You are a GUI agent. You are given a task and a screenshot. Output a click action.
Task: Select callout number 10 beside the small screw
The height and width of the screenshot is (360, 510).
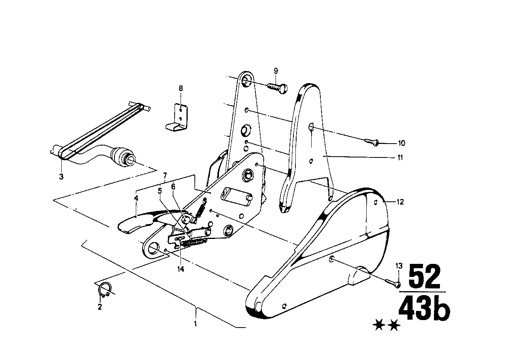pos(402,143)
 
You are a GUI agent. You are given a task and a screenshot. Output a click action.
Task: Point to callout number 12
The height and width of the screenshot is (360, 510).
pos(400,202)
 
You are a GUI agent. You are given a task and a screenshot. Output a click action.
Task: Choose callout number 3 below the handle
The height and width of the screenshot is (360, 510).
pos(61,176)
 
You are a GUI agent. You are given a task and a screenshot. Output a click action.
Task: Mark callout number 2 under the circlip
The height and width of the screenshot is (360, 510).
pos(99,307)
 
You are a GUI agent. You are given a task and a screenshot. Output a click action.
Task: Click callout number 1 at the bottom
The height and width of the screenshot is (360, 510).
pos(195,323)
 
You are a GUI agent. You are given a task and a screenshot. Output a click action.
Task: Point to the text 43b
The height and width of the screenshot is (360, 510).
pos(424,309)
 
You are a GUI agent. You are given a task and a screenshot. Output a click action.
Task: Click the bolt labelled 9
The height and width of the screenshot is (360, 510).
pos(278,87)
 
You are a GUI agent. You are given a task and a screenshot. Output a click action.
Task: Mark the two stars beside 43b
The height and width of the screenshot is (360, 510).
pos(386,326)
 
